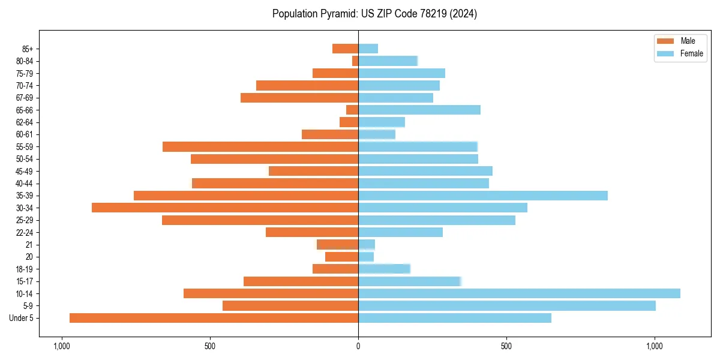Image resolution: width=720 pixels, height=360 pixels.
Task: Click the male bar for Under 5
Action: click(214, 318)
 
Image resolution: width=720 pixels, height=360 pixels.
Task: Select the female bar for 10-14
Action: click(519, 293)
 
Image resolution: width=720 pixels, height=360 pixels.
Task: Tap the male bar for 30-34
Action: click(225, 208)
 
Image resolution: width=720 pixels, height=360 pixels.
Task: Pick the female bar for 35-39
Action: click(483, 196)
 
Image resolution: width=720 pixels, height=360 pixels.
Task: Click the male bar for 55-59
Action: click(260, 146)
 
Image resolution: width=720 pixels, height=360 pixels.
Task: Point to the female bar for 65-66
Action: click(419, 110)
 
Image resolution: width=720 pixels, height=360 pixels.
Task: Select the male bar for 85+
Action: click(345, 49)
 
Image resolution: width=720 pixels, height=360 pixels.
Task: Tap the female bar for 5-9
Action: click(507, 306)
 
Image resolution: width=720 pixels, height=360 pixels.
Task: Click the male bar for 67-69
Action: click(299, 98)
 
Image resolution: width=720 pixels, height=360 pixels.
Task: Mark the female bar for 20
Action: click(366, 257)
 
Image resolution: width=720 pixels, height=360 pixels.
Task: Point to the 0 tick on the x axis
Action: click(358, 346)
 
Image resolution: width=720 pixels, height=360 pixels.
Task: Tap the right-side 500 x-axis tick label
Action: click(506, 346)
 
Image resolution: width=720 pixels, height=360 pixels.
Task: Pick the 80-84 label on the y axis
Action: click(28, 61)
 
